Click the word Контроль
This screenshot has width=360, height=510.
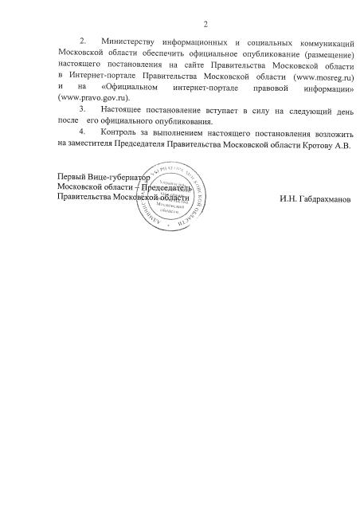point(120,131)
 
